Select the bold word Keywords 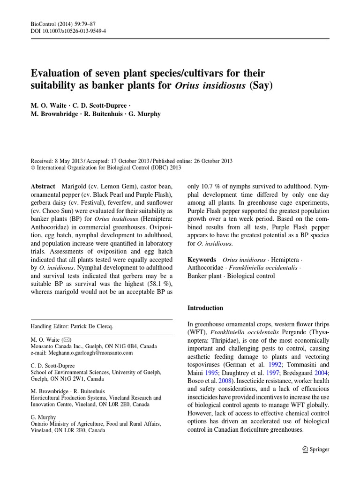point(202,259)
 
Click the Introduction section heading point(205,308)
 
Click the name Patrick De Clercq point(96,326)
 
